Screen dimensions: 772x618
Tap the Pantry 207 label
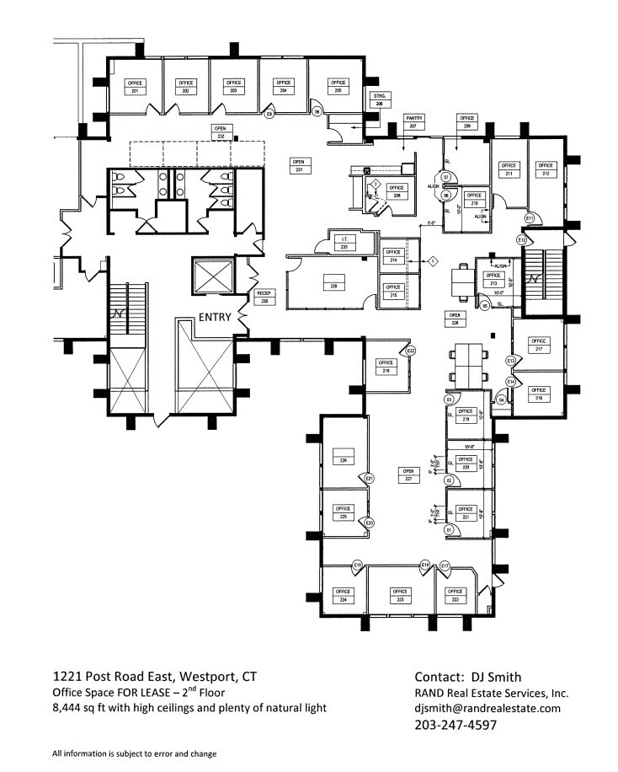click(413, 121)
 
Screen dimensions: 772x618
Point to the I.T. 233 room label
click(344, 244)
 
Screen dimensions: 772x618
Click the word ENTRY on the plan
click(216, 317)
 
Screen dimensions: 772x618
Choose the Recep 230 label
click(264, 298)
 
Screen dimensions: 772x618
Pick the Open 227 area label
click(409, 474)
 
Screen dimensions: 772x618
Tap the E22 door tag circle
click(411, 351)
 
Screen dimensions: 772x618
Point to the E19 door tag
click(358, 565)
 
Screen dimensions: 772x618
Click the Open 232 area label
click(221, 131)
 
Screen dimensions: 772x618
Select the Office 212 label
click(546, 169)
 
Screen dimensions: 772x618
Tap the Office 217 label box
click(538, 345)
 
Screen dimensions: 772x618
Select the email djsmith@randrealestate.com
click(487, 709)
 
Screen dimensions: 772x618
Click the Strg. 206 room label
click(379, 99)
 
